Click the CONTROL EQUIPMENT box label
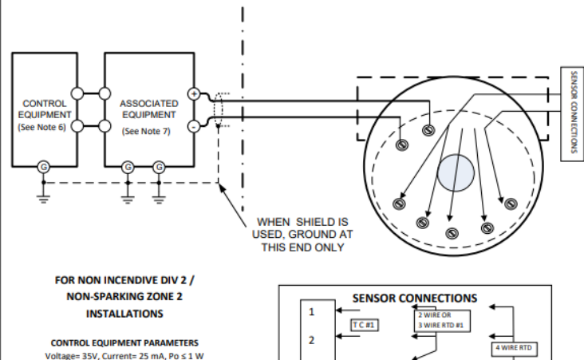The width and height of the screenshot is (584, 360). (45, 109)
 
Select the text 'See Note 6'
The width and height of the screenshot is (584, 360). (45, 128)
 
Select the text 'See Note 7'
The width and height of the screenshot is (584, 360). (146, 130)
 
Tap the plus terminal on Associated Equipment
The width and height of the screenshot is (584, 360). (193, 94)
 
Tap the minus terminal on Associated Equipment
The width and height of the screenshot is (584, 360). (193, 125)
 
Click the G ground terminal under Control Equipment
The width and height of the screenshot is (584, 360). (45, 166)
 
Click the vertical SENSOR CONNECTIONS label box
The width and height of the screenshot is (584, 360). (572, 113)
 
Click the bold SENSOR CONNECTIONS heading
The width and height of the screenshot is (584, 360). (414, 298)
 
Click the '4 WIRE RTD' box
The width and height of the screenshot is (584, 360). (515, 347)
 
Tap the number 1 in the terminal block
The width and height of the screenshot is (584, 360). (312, 311)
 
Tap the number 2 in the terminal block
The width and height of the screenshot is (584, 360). (312, 339)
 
